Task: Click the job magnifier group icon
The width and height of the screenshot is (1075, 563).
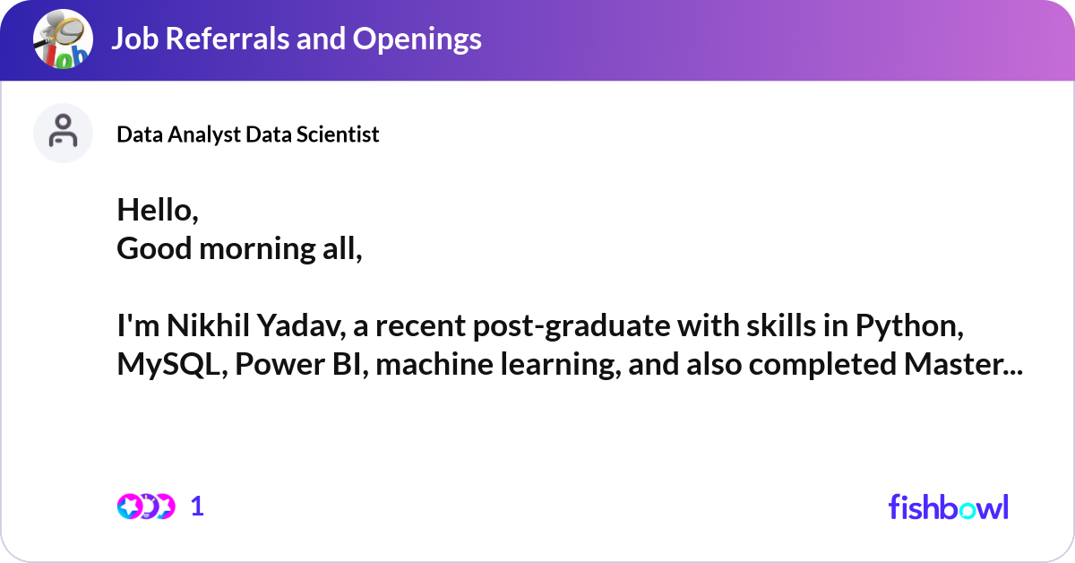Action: click(x=63, y=39)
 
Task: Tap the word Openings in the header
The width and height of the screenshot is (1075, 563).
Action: click(x=417, y=39)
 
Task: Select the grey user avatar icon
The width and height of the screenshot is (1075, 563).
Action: click(x=63, y=133)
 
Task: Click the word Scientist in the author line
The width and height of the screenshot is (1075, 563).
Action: click(x=338, y=134)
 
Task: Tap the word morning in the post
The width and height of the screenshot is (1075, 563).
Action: click(x=257, y=250)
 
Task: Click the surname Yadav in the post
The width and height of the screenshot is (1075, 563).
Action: click(x=301, y=325)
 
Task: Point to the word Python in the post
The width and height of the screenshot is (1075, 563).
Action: click(x=909, y=326)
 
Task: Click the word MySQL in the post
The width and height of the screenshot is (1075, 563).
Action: click(x=172, y=365)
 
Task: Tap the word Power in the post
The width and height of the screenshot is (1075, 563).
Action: click(x=279, y=365)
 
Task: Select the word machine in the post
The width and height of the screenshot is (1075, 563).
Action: click(x=434, y=364)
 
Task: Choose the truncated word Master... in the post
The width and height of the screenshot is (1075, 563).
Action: click(x=963, y=364)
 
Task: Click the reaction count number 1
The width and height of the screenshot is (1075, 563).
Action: click(x=197, y=507)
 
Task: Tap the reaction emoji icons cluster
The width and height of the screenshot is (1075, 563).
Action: click(x=146, y=507)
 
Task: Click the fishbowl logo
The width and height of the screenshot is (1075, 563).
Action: click(x=949, y=507)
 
